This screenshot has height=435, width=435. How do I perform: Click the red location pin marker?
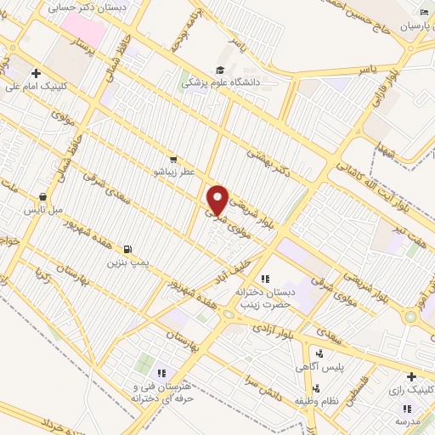click(x=218, y=200)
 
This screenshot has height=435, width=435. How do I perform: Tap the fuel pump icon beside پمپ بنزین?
click(x=127, y=249)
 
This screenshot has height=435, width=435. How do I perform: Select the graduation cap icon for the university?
click(x=220, y=71)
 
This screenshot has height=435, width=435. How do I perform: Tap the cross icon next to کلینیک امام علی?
click(x=35, y=73)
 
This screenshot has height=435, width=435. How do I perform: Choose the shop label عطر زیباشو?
click(x=173, y=172)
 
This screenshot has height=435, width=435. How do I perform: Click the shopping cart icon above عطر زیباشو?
click(x=173, y=159)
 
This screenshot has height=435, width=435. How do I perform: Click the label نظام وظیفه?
click(x=317, y=399)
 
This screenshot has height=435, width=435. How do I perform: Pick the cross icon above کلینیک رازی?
click(x=411, y=376)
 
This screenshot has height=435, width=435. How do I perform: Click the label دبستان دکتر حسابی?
click(x=94, y=7)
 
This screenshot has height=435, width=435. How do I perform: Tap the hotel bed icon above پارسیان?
click(x=424, y=12)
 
